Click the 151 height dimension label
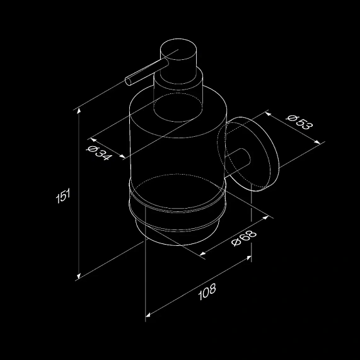point(63,196)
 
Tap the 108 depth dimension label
point(207,291)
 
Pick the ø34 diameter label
point(99,153)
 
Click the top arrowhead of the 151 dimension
point(79,111)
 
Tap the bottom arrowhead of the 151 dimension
point(79,276)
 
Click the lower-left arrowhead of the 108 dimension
point(148,315)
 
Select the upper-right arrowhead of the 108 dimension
point(248,258)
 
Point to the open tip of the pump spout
point(128,81)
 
